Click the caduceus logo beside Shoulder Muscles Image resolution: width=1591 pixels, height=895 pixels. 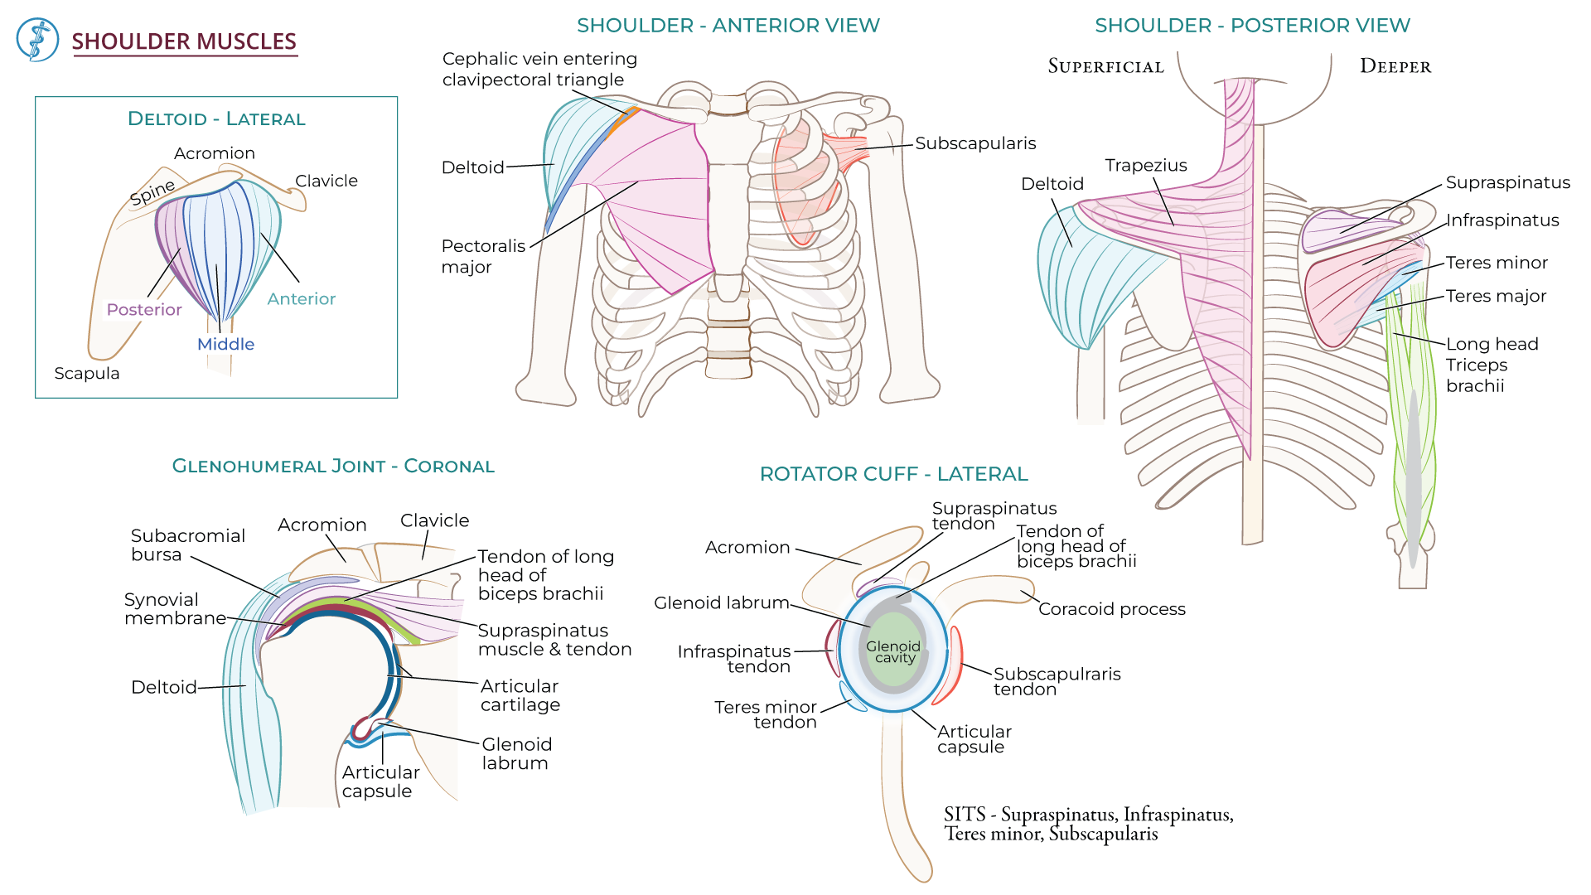tap(37, 40)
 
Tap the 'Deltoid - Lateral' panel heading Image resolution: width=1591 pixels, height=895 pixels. tap(216, 119)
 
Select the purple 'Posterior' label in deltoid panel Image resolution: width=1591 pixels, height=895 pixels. tap(143, 310)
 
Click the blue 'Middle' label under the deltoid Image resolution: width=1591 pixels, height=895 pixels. tap(225, 345)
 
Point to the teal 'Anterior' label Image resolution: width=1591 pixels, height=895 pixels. tap(301, 299)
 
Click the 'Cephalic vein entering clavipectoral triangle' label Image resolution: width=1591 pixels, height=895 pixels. tap(539, 70)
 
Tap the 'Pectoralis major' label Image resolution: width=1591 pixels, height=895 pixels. tap(482, 256)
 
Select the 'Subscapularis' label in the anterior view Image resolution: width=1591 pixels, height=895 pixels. tap(974, 143)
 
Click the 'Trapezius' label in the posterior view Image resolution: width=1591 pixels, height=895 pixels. tap(1145, 166)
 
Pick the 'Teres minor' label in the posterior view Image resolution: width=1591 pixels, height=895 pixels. tap(1496, 263)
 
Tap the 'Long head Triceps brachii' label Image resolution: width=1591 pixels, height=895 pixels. tap(1491, 365)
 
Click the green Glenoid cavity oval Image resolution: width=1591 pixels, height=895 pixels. tap(892, 652)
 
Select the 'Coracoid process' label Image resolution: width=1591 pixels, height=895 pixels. tap(1111, 609)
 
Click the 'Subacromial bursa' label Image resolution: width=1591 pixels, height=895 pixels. tap(187, 545)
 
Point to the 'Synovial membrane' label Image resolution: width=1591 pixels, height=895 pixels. tap(174, 609)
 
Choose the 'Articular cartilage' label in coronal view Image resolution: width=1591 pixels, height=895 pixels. tap(520, 695)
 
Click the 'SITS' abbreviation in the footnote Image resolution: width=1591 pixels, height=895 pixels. tap(964, 815)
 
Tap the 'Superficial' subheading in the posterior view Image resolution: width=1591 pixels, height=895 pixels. tap(1105, 66)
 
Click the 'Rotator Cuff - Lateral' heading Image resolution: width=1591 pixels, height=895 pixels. tap(893, 474)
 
